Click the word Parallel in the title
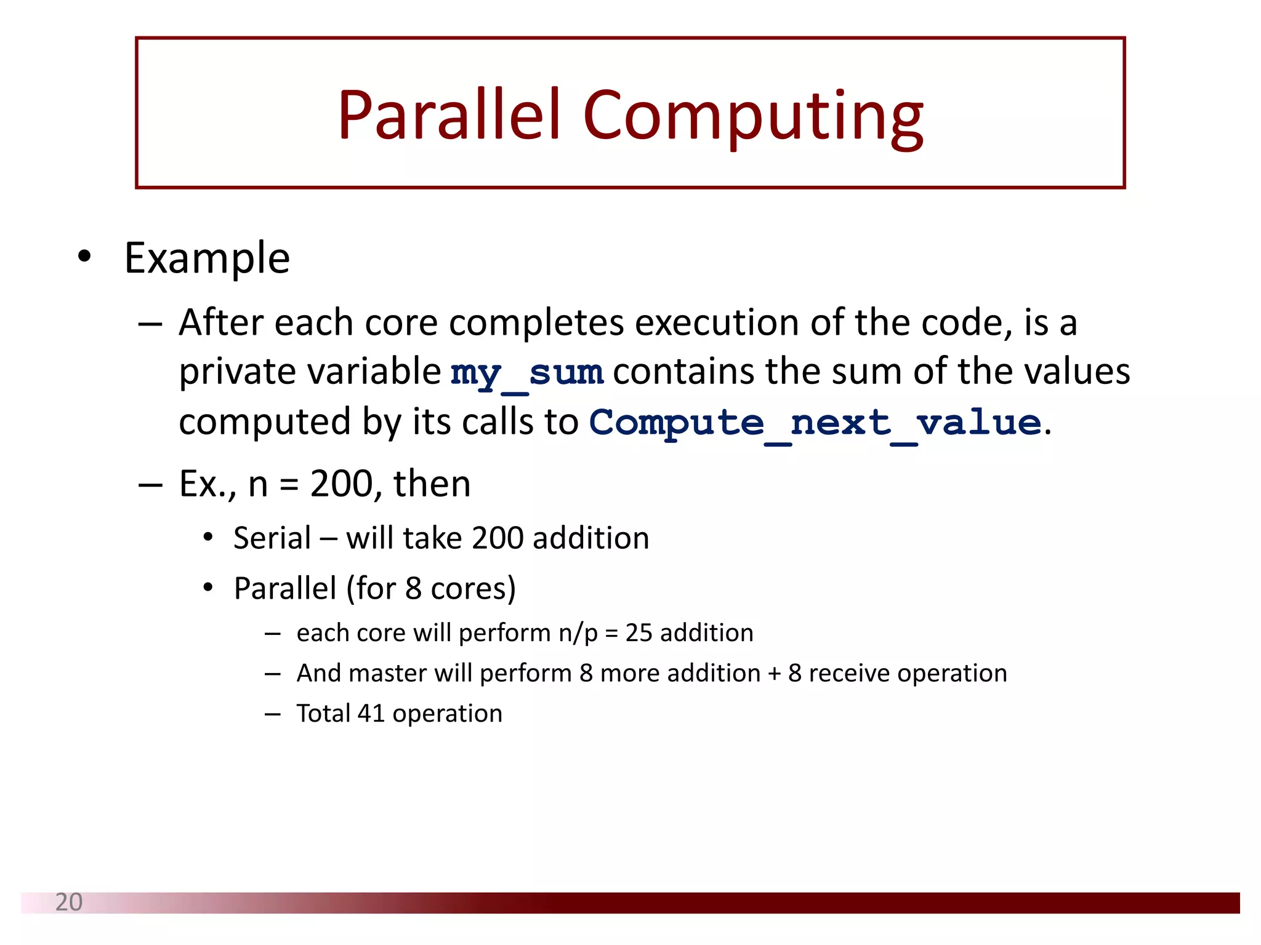[449, 115]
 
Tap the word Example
[207, 258]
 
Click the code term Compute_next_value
[815, 423]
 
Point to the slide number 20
[68, 902]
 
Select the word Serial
[272, 538]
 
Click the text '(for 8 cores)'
[431, 589]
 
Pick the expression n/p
[578, 633]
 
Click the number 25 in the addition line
[639, 633]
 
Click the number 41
[371, 714]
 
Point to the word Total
[323, 714]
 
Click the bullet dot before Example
[84, 257]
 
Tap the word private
[238, 372]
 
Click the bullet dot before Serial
[208, 538]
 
